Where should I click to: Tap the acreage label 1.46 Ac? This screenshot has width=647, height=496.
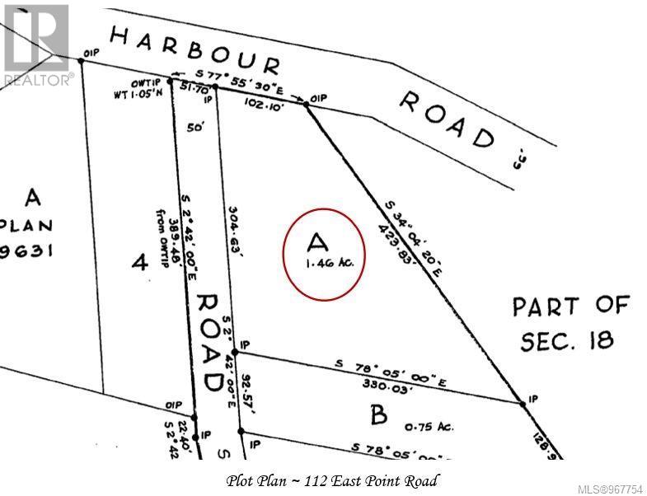point(324,264)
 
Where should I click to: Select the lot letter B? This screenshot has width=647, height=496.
point(378,414)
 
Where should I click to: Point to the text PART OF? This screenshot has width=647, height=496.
point(570,307)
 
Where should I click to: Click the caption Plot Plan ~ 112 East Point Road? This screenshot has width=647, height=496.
point(331,480)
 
